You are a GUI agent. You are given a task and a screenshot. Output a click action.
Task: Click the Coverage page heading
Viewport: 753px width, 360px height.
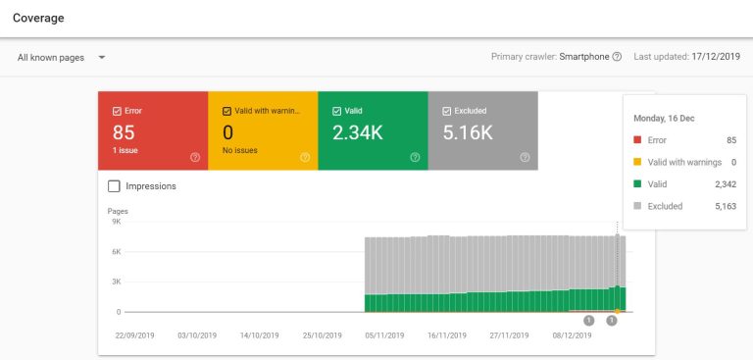pyautogui.click(x=39, y=18)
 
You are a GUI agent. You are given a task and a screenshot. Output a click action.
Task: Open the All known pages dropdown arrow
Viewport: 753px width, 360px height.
pyautogui.click(x=102, y=57)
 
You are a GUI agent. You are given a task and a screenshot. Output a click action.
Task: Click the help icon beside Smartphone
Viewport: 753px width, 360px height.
pyautogui.click(x=617, y=57)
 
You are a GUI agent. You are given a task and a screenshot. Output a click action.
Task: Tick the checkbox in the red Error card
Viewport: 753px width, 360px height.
pyautogui.click(x=117, y=111)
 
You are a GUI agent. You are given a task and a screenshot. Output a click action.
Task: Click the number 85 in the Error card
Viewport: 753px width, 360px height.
pyautogui.click(x=124, y=131)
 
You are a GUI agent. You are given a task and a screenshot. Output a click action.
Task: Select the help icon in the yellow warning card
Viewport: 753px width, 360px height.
pyautogui.click(x=305, y=157)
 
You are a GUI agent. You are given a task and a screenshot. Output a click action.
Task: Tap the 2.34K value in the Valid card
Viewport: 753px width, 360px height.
pyautogui.click(x=358, y=131)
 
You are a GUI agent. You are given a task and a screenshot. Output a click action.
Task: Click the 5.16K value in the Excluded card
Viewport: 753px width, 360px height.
pyautogui.click(x=468, y=131)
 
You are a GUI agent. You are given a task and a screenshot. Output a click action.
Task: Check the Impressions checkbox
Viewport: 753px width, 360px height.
pyautogui.click(x=114, y=185)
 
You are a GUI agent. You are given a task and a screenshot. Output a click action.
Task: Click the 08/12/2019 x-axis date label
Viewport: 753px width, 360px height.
pyautogui.click(x=571, y=334)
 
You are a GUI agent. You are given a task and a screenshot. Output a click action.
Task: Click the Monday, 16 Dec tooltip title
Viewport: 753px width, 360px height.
pyautogui.click(x=665, y=119)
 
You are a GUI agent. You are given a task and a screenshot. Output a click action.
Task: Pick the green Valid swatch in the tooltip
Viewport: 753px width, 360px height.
pyautogui.click(x=639, y=183)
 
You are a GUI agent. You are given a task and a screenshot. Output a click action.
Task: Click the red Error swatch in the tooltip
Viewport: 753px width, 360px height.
pyautogui.click(x=639, y=140)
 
